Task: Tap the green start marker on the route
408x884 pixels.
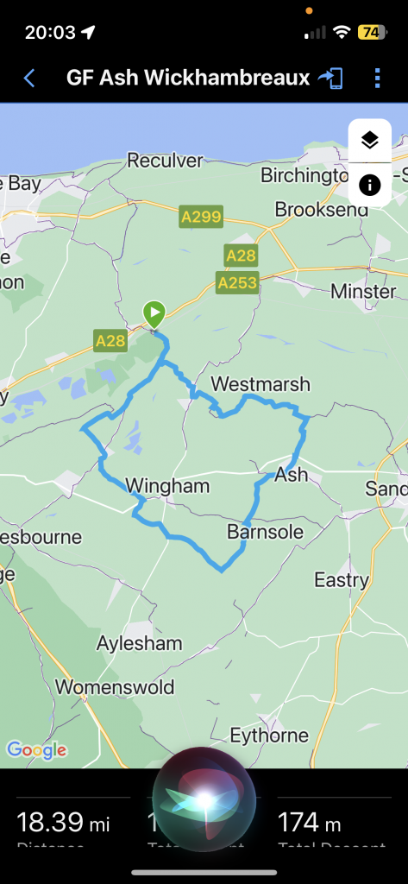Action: click(x=154, y=313)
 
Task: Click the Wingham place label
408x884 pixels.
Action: click(x=167, y=486)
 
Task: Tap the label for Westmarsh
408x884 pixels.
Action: click(x=260, y=383)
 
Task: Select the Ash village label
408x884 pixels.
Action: click(x=291, y=474)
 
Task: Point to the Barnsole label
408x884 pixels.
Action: click(x=265, y=532)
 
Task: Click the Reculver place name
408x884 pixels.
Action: click(x=165, y=160)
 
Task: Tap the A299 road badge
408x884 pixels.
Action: click(x=200, y=217)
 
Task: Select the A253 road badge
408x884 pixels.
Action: click(x=237, y=282)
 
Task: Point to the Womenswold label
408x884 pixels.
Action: click(x=115, y=687)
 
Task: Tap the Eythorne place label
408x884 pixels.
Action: click(x=269, y=736)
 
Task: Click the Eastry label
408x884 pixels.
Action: click(x=342, y=579)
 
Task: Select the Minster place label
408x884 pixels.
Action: click(x=363, y=291)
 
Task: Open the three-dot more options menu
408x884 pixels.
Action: click(x=378, y=79)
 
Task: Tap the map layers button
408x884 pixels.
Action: click(x=370, y=141)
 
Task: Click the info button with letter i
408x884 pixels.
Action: click(x=370, y=185)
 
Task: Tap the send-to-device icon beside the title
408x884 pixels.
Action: click(x=330, y=79)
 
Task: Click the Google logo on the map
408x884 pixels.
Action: click(x=36, y=750)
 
